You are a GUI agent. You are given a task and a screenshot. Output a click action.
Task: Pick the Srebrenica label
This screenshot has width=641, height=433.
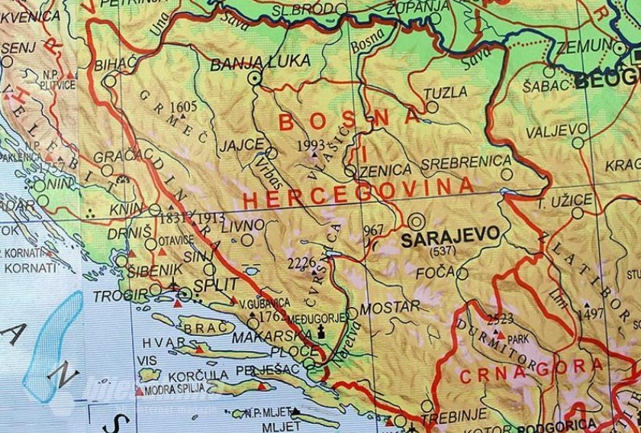click(465, 162)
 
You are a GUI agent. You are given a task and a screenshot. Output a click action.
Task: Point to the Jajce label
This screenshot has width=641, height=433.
click(240, 143)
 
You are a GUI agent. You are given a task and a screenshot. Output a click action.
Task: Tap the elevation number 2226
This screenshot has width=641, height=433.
click(301, 263)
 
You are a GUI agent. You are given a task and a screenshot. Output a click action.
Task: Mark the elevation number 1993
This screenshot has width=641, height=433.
click(312, 143)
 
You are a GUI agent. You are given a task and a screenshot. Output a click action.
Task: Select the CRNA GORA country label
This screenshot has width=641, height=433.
click(527, 371)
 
